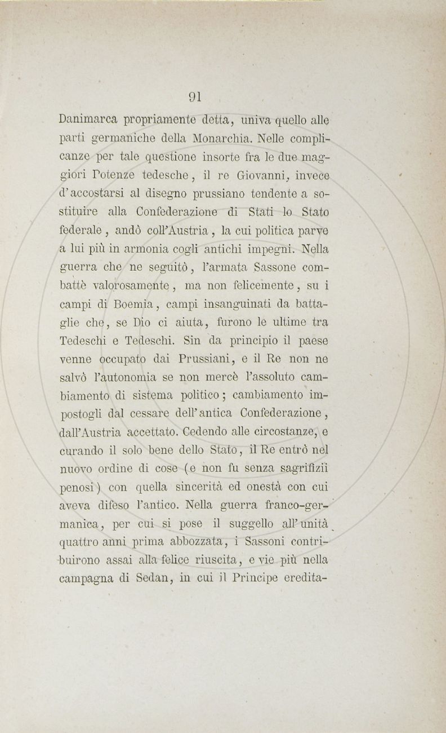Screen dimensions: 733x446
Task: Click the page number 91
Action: tap(195, 96)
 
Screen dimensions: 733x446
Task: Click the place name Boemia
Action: tap(128, 304)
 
